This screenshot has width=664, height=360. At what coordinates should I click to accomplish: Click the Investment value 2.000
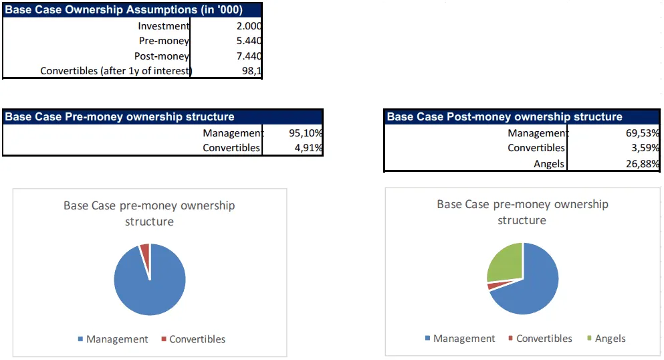(x=248, y=26)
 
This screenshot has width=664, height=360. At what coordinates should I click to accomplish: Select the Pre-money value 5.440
(x=248, y=41)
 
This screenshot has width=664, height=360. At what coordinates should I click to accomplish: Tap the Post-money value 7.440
(x=248, y=56)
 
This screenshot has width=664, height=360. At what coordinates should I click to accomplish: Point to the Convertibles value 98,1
(x=251, y=71)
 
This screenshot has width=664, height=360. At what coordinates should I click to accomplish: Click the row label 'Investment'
(x=164, y=26)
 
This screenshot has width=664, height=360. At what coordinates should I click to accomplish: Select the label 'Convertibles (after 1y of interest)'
(x=116, y=71)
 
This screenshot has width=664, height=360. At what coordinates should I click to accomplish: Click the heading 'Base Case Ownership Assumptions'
(x=124, y=9)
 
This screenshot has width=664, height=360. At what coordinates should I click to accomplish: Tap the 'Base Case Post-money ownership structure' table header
(x=505, y=116)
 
